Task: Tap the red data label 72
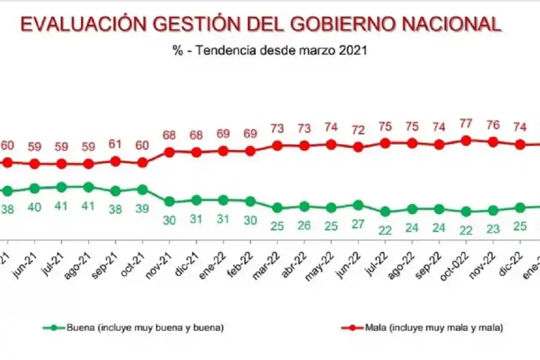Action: [358, 130]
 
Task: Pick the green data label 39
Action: [142, 208]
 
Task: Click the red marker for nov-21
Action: [169, 152]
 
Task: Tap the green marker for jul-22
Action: [385, 212]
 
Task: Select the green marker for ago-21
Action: [89, 187]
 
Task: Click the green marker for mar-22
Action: [277, 208]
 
